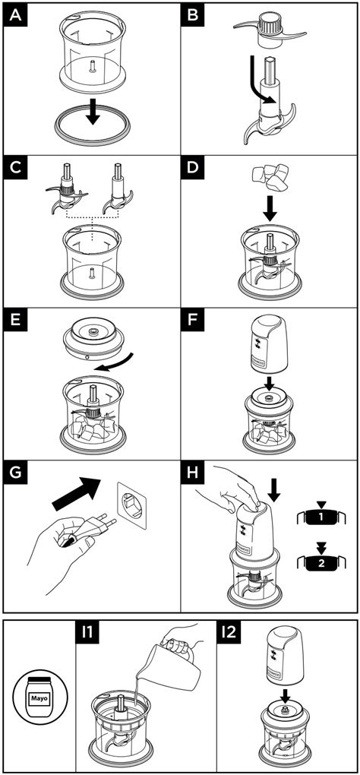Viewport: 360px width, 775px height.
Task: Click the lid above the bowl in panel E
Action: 91,338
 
